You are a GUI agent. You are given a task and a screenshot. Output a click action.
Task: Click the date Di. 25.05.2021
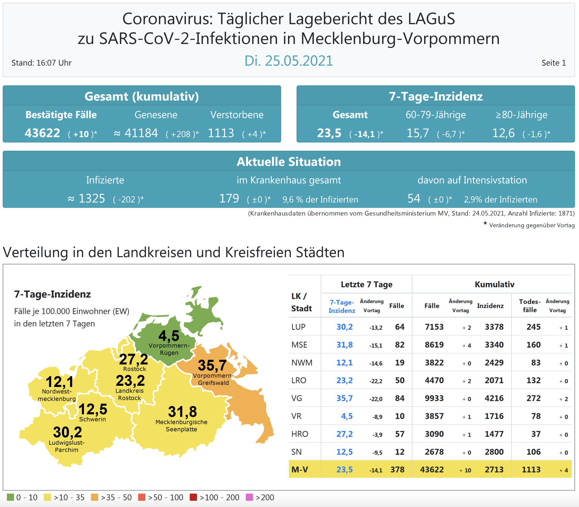pyautogui.click(x=288, y=61)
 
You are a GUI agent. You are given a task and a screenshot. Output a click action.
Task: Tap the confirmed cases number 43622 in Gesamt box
pyautogui.click(x=42, y=133)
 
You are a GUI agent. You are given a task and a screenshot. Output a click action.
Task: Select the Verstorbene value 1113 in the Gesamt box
pyautogui.click(x=221, y=133)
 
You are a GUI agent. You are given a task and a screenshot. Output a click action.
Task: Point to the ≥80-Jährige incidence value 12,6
pyautogui.click(x=503, y=133)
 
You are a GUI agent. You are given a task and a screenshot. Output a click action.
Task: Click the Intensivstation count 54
pyautogui.click(x=414, y=198)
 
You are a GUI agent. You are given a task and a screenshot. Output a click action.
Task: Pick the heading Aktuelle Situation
pyautogui.click(x=288, y=162)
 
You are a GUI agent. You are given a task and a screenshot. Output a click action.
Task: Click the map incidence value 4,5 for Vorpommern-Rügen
pyautogui.click(x=169, y=336)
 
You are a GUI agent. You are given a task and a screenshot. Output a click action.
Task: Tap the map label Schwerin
pyautogui.click(x=92, y=419)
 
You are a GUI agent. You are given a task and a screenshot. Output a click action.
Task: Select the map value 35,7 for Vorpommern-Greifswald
pyautogui.click(x=212, y=365)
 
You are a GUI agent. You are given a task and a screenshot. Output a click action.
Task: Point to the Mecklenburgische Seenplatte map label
pyautogui.click(x=181, y=426)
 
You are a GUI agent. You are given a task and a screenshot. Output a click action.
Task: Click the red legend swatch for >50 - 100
pyautogui.click(x=142, y=497)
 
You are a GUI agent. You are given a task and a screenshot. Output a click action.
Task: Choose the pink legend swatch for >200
pyautogui.click(x=249, y=497)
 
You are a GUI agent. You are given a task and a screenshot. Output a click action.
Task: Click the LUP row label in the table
pyautogui.click(x=298, y=327)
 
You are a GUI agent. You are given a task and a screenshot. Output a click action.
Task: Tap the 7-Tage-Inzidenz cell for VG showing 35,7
pyautogui.click(x=344, y=398)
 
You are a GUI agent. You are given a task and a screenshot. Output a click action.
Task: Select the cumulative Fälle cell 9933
pyautogui.click(x=434, y=398)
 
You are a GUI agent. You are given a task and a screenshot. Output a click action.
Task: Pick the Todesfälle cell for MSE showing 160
pyautogui.click(x=533, y=345)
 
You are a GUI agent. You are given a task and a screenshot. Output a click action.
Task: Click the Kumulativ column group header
pyautogui.click(x=494, y=284)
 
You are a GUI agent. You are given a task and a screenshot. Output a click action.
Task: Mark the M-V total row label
pyautogui.click(x=300, y=470)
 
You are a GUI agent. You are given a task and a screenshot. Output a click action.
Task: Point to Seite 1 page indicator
pyautogui.click(x=553, y=63)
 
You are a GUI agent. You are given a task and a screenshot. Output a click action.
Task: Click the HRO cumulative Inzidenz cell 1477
pyautogui.click(x=494, y=434)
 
